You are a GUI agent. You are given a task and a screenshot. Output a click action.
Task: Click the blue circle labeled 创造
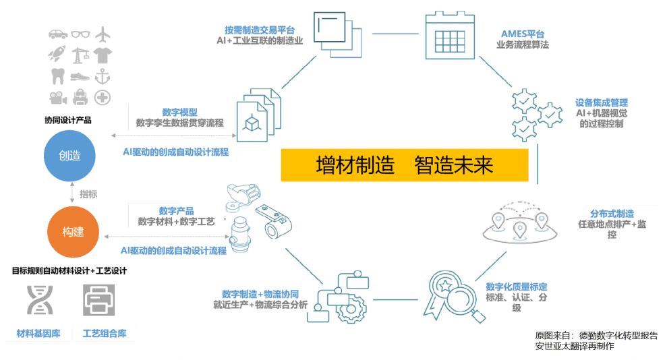(x=69, y=156)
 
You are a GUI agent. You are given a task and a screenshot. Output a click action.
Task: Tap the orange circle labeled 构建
(x=73, y=231)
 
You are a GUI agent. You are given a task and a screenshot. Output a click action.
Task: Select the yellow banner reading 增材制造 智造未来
(x=405, y=165)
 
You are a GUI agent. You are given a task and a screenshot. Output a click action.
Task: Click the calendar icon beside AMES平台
(x=450, y=36)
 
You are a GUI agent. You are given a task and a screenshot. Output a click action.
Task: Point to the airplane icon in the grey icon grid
(x=103, y=34)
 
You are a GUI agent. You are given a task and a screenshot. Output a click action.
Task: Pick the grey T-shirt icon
(x=103, y=55)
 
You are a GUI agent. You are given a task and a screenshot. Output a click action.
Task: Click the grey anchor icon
(x=103, y=76)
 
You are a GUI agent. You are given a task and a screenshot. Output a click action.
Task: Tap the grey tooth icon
(x=58, y=76)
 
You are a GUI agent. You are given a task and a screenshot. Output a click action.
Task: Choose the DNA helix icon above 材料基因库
(x=40, y=300)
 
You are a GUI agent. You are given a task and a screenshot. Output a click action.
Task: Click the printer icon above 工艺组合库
(x=99, y=300)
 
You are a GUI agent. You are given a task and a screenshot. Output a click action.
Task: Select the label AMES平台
(x=523, y=34)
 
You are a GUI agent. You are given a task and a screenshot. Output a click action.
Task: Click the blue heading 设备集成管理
(x=602, y=102)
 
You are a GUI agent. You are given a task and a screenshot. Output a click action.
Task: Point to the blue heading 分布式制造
(x=612, y=214)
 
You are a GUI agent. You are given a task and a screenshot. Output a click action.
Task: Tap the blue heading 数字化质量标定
(x=517, y=287)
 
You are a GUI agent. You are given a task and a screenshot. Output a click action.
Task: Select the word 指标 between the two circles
(x=88, y=194)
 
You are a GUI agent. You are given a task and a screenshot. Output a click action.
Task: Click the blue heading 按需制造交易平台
(x=260, y=30)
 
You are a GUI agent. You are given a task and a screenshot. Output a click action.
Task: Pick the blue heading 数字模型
(x=180, y=113)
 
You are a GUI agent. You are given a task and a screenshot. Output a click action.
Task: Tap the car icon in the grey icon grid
(x=58, y=34)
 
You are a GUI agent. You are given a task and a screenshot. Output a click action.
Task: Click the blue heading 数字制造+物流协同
(x=260, y=295)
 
